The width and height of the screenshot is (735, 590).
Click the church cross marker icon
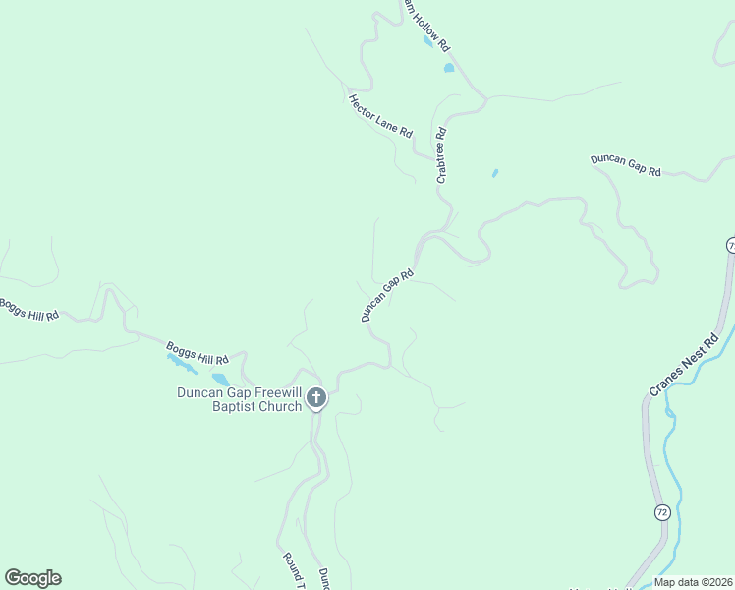315,398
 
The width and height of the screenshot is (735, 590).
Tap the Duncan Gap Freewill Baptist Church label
239,399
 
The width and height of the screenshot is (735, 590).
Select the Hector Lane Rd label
379,115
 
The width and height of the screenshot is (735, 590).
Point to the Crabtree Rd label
442,155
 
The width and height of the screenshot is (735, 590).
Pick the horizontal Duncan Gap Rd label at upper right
625,164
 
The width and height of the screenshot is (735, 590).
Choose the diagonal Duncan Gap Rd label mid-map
387,295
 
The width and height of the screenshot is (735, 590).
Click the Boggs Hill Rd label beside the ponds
197,351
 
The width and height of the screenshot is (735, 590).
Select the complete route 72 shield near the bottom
662,512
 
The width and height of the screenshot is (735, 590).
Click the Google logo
32,578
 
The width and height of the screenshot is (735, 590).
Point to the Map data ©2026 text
692,582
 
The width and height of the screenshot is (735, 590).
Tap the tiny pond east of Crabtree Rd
494,174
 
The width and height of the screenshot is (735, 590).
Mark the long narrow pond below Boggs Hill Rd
181,363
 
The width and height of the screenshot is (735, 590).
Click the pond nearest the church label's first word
220,379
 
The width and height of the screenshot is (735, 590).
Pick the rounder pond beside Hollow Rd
449,68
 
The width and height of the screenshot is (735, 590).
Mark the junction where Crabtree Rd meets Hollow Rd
484,98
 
